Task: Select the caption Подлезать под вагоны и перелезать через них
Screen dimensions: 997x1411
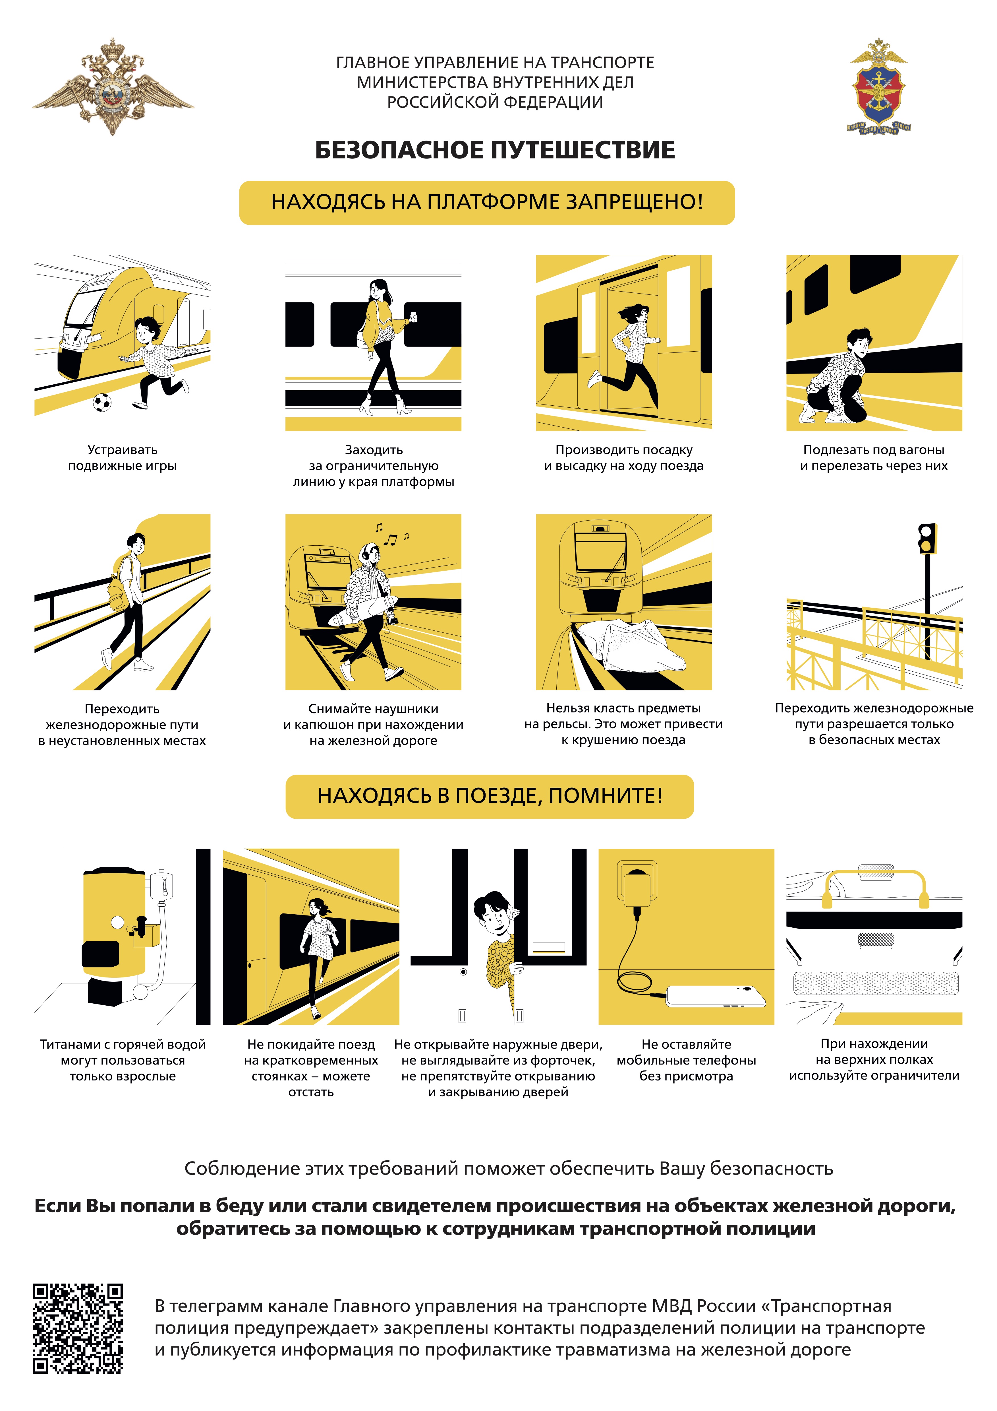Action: (x=874, y=458)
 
